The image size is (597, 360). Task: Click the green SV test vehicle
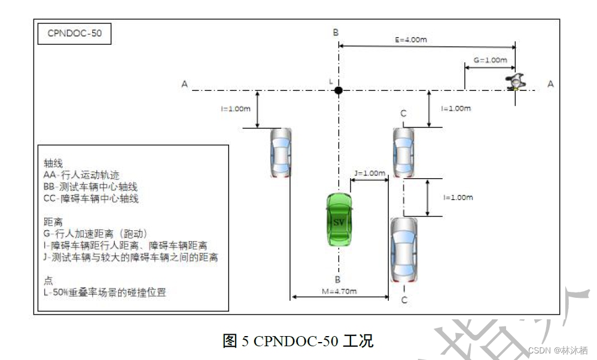[x=339, y=219]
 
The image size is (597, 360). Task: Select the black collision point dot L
[x=338, y=90]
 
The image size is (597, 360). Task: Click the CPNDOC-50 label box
[x=75, y=33]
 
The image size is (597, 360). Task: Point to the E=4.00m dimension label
[x=410, y=41]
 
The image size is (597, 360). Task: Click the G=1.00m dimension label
[x=490, y=60]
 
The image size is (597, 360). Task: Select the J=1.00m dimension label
[x=370, y=173]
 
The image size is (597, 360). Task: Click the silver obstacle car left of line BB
[x=280, y=153]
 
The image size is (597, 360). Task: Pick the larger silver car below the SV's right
[x=403, y=249]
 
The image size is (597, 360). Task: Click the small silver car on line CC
[x=404, y=153]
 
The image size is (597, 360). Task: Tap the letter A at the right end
[x=550, y=84]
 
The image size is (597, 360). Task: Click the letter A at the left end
[x=185, y=85]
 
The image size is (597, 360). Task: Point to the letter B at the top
[x=336, y=32]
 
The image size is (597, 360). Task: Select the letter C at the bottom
[x=404, y=300]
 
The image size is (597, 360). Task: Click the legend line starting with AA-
[x=82, y=175]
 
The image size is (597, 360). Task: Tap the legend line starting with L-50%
[x=105, y=293]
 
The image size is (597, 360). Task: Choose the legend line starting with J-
[x=130, y=258]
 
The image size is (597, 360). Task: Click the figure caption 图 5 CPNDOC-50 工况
[x=298, y=341]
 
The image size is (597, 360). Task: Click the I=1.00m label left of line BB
[x=236, y=109]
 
